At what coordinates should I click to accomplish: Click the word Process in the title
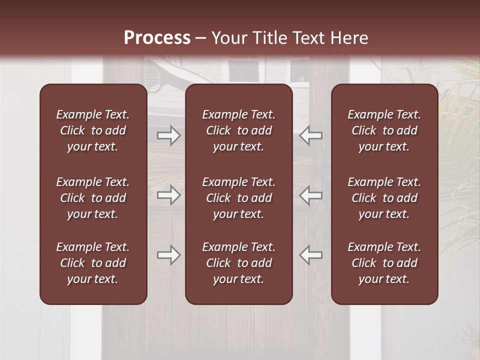point(157,38)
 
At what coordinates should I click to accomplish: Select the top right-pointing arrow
point(169,135)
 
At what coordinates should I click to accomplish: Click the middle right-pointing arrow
point(169,195)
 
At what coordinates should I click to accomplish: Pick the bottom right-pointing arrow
point(169,255)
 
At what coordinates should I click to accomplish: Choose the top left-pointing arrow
point(310,135)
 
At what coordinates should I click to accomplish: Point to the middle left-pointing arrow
point(310,195)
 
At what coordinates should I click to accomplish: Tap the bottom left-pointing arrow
point(310,255)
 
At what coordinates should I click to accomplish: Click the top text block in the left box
point(93,130)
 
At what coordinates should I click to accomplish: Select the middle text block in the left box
point(93,198)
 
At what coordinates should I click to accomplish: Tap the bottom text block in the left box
point(93,263)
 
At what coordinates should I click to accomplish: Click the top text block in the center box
point(238,130)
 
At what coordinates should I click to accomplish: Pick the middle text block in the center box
point(238,198)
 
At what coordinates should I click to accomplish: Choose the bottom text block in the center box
point(238,263)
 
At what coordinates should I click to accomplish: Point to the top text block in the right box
point(384,130)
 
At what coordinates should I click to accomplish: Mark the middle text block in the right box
point(384,198)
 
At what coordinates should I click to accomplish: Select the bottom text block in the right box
point(384,263)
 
